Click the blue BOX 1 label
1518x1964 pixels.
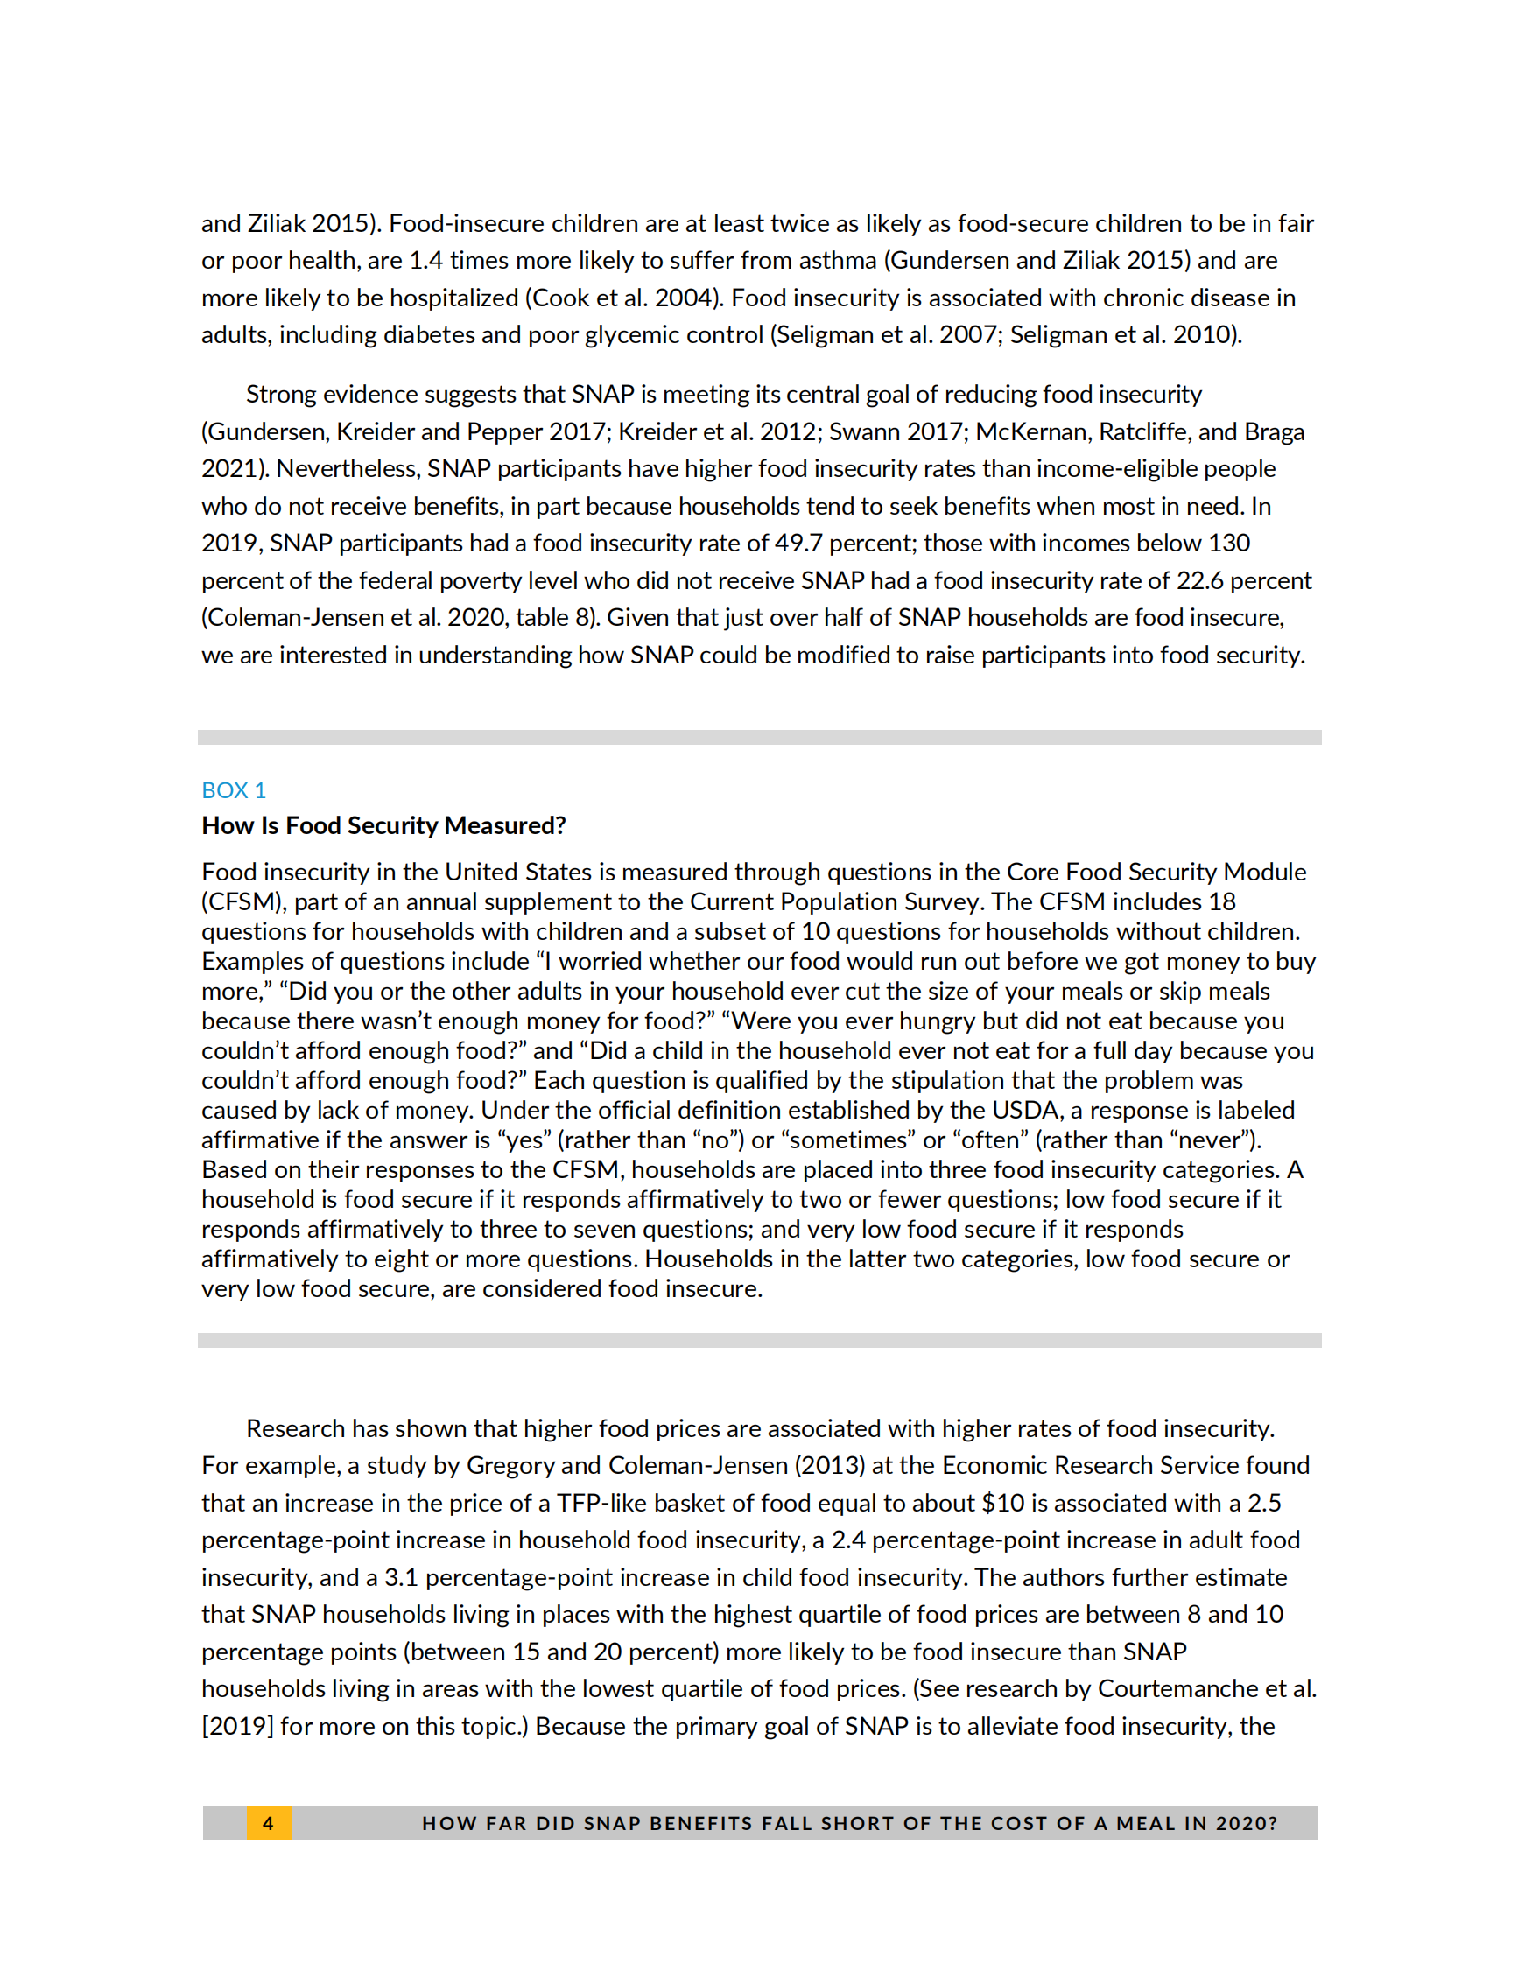point(233,790)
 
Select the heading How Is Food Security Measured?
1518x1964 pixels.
point(383,825)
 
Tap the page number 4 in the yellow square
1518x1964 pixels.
point(268,1823)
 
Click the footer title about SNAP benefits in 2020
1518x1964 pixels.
point(849,1823)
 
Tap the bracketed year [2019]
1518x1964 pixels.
point(237,1727)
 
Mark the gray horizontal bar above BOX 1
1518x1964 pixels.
point(759,738)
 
